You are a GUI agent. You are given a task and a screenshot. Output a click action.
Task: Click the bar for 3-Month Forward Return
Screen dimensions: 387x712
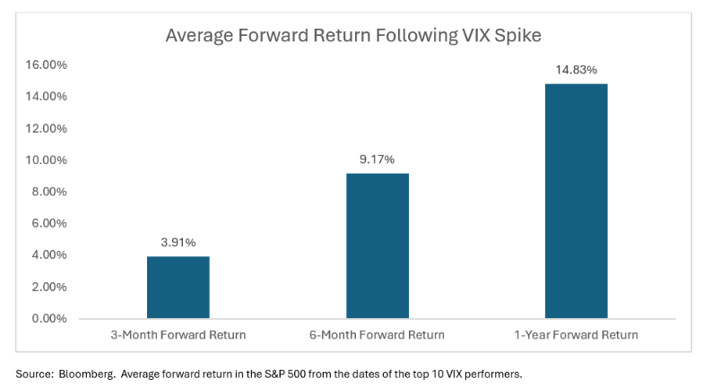pos(178,287)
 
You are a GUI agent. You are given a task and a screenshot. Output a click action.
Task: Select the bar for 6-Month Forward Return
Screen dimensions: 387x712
pos(378,245)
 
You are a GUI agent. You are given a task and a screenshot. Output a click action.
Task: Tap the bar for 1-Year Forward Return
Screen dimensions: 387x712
pos(576,201)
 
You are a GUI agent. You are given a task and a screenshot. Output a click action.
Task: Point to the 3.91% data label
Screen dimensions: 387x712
pos(178,243)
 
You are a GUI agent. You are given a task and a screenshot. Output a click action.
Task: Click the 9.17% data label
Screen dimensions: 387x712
pos(378,159)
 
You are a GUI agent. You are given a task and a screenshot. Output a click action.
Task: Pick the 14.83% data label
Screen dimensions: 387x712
pos(576,70)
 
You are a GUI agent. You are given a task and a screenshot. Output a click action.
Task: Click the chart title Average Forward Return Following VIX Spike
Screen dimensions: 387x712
pos(354,37)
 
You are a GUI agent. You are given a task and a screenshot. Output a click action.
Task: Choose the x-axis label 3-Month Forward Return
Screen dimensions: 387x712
pos(178,335)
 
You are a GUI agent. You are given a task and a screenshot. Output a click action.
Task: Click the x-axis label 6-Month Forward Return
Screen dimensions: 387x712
pos(378,335)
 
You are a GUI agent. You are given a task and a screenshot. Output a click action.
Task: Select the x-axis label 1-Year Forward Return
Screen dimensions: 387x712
pos(576,335)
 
